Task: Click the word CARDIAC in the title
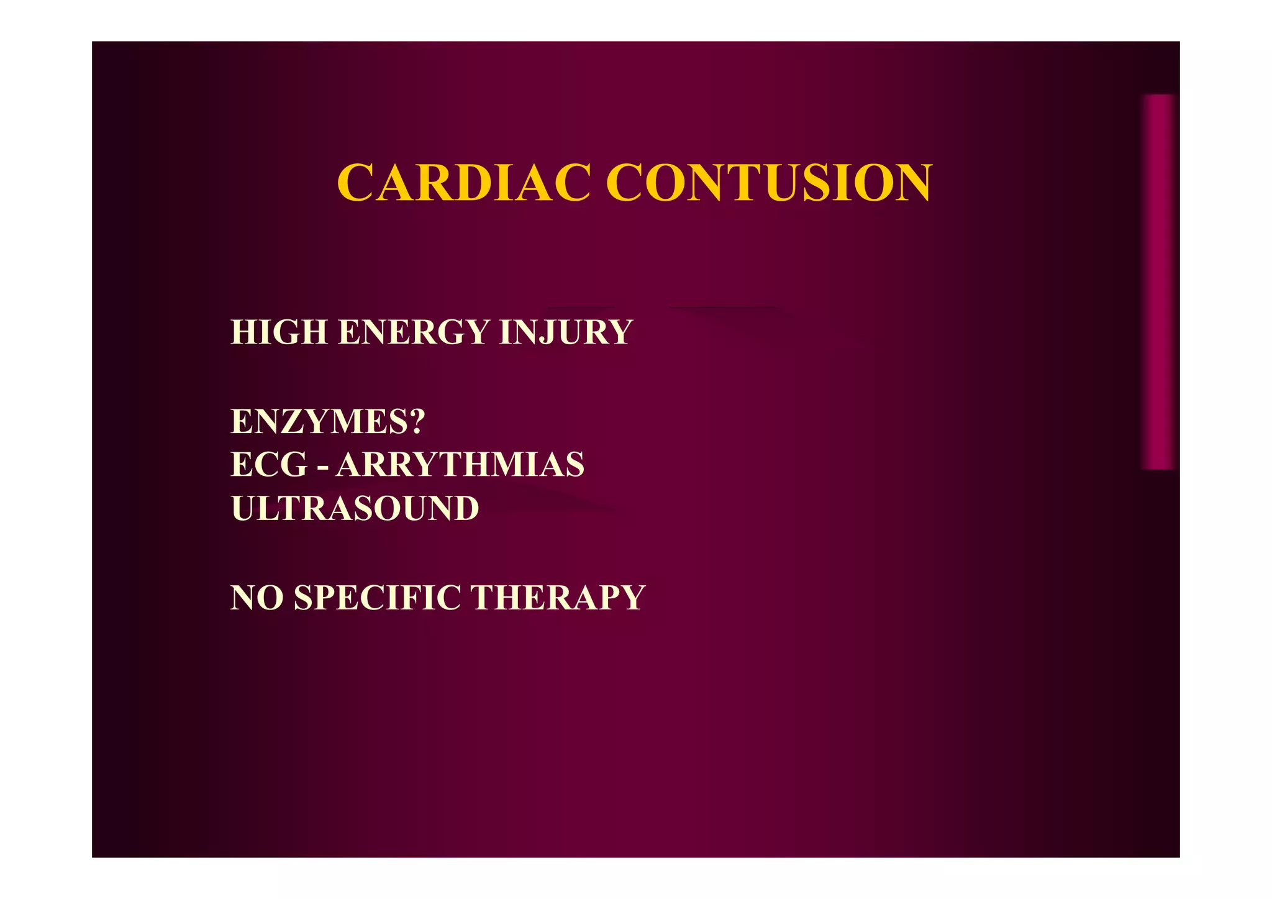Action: [463, 183]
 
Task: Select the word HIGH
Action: [279, 332]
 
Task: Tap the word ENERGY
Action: [414, 332]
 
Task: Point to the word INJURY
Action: [565, 332]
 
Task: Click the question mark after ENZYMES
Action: [417, 421]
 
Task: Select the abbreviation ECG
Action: [269, 464]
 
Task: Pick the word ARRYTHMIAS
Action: [460, 464]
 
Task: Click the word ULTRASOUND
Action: [355, 508]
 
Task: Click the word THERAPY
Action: [558, 598]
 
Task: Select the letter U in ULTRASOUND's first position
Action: [244, 508]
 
